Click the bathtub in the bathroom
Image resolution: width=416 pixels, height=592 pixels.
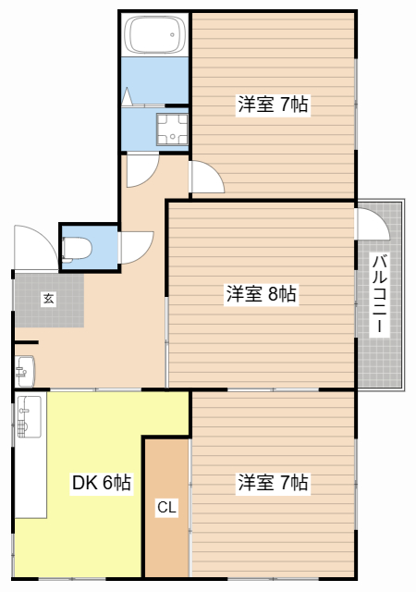(x=154, y=35)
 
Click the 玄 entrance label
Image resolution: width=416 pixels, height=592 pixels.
(x=47, y=298)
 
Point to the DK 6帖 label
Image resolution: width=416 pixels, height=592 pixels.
(x=101, y=482)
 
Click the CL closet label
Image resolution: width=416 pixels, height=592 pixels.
(x=165, y=507)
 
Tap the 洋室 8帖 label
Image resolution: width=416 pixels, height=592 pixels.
(x=261, y=294)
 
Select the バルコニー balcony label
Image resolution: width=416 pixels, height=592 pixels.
(x=380, y=294)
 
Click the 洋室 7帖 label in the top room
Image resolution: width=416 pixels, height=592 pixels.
(x=273, y=105)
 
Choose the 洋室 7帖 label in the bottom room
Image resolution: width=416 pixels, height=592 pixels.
(x=273, y=482)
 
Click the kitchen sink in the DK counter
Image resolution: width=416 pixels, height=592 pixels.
(x=29, y=416)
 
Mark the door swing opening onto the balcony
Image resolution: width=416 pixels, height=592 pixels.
(x=371, y=224)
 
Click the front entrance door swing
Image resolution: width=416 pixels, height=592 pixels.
(x=35, y=248)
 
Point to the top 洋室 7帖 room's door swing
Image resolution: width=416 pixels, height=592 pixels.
(x=205, y=176)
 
